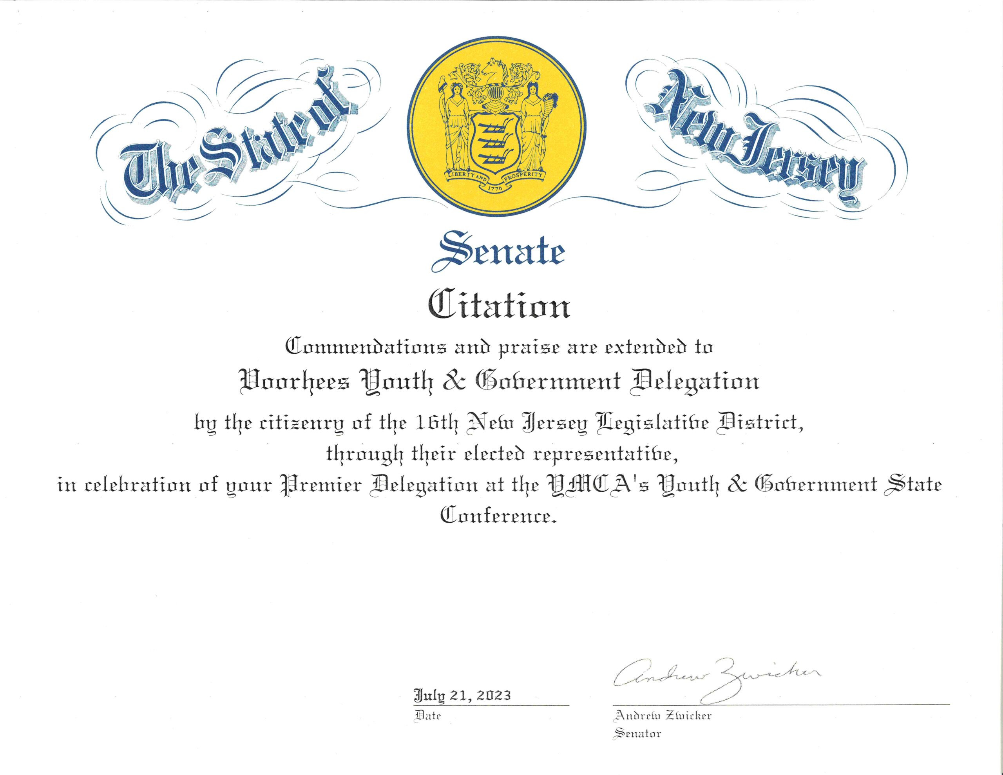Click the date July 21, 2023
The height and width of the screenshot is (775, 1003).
coord(462,695)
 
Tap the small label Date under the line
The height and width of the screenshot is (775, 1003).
coord(427,716)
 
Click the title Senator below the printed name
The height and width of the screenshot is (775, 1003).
coord(637,733)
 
